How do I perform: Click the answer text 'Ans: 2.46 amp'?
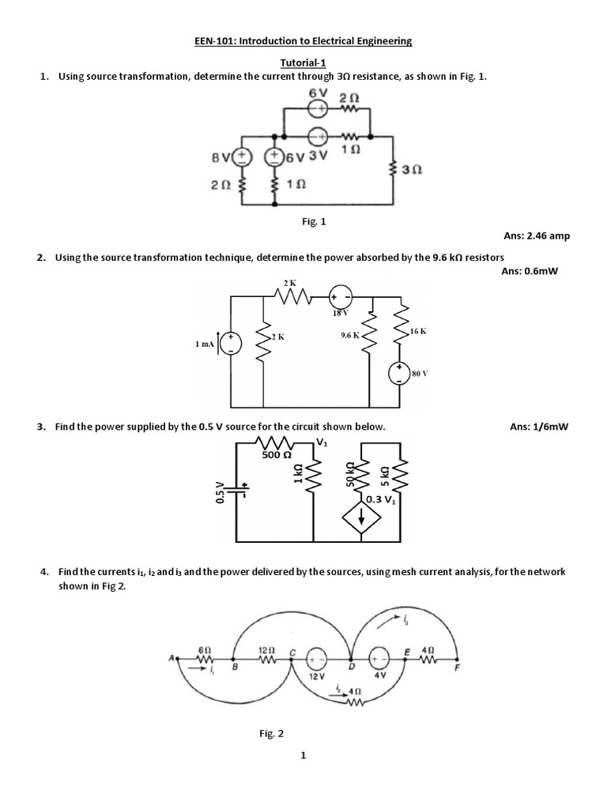click(537, 236)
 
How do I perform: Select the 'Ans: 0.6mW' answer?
click(535, 271)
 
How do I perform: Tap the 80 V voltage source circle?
click(401, 373)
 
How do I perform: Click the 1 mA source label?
click(207, 343)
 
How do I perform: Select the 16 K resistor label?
click(418, 330)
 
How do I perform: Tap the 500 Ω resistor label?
click(277, 455)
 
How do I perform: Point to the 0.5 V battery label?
click(221, 494)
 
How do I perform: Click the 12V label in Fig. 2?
click(317, 677)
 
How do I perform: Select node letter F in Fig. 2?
click(455, 668)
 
